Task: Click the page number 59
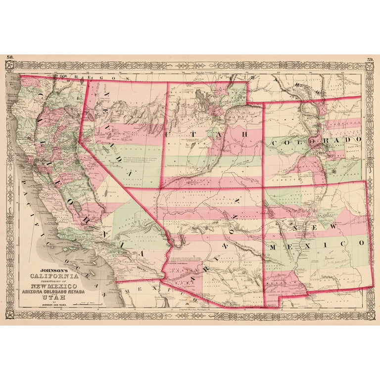point(371,60)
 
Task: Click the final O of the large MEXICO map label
point(362,243)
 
